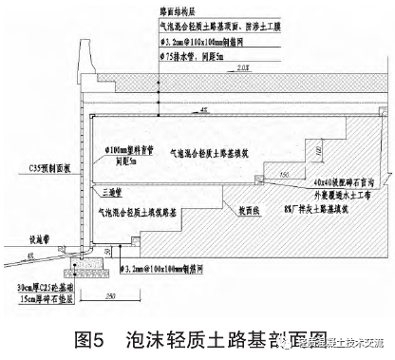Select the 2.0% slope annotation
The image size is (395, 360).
(244, 71)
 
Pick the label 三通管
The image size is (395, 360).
(112, 189)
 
